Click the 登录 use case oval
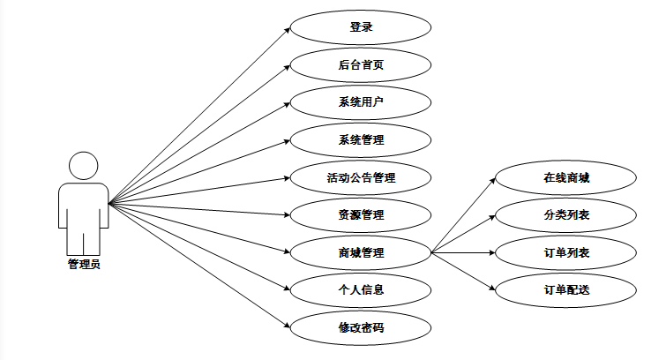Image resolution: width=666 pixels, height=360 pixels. [361, 26]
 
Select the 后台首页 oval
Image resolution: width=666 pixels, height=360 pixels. [361, 64]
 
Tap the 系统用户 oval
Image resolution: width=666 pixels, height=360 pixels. [361, 101]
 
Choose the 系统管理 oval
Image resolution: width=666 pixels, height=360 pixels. [361, 139]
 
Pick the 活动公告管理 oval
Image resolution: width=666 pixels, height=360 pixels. [361, 177]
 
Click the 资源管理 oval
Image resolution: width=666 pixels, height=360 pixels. [361, 214]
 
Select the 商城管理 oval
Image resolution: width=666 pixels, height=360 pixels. [361, 253]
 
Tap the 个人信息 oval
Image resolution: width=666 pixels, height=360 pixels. [361, 289]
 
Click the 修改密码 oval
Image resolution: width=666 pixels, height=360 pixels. [361, 327]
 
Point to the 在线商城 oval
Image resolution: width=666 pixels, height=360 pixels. [565, 177]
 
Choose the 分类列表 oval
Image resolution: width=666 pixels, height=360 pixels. [565, 214]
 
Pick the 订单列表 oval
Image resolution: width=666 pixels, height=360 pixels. [565, 253]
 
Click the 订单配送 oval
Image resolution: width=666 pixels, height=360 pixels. [565, 289]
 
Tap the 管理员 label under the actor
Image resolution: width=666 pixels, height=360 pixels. [84, 263]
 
